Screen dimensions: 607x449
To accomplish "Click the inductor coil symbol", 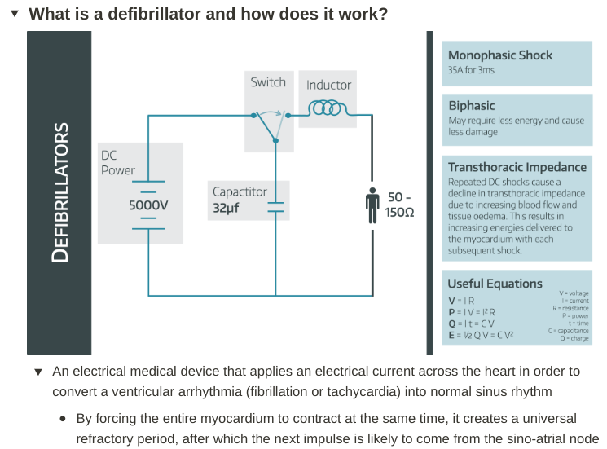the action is click(x=328, y=108).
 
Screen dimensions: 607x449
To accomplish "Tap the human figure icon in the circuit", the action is click(x=372, y=205).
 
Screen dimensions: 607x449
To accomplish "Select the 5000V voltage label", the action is click(x=148, y=205).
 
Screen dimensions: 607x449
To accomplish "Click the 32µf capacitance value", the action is click(x=226, y=209).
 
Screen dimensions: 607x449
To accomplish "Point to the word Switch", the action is click(x=268, y=82).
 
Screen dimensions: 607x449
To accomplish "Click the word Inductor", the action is click(x=328, y=85).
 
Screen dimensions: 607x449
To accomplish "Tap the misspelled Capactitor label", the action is click(x=240, y=191).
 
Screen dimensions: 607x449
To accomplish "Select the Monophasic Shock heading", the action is click(x=500, y=55).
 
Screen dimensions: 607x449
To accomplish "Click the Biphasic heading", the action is click(x=472, y=106).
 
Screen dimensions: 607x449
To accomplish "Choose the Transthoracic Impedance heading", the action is click(x=517, y=167).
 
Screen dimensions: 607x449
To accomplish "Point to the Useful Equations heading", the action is click(x=495, y=284).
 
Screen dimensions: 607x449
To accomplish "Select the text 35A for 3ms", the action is click(x=471, y=70).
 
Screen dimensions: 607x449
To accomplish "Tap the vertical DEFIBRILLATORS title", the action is click(x=60, y=193).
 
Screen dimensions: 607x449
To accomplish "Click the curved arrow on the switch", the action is click(x=270, y=113).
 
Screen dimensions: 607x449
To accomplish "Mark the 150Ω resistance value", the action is click(x=399, y=213).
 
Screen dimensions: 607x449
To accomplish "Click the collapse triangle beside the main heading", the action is click(x=15, y=14).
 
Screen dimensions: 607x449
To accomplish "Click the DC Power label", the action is click(x=117, y=163).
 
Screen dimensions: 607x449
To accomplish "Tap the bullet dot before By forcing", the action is click(x=63, y=418).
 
